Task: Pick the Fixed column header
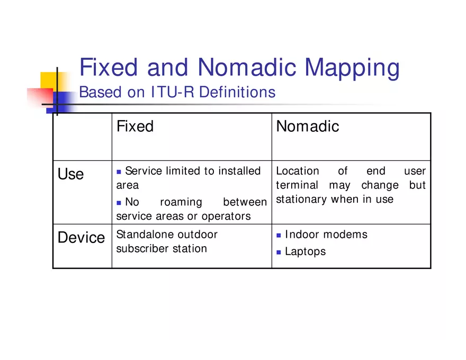click(x=135, y=127)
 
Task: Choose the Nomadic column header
click(x=307, y=127)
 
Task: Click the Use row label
click(x=70, y=174)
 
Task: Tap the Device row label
click(x=81, y=238)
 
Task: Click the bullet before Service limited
click(x=119, y=172)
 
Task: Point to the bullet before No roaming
click(x=119, y=203)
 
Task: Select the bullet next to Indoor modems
click(x=279, y=235)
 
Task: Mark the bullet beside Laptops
click(x=279, y=252)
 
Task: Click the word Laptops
click(x=306, y=251)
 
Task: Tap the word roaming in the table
click(x=181, y=202)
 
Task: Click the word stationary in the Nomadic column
click(x=301, y=200)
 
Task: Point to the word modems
click(x=347, y=235)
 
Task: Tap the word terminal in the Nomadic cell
click(x=297, y=185)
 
